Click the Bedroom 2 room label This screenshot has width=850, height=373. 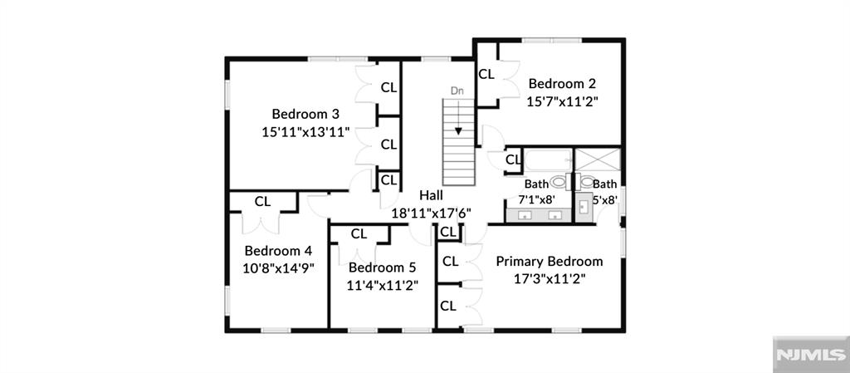(x=562, y=83)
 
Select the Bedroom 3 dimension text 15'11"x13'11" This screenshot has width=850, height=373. (x=305, y=131)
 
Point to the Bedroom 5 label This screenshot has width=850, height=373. (x=382, y=267)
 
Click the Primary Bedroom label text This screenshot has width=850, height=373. (x=549, y=261)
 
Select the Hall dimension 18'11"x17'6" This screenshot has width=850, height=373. (x=431, y=213)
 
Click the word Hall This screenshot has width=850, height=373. (x=431, y=195)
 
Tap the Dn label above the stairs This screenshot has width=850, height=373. (x=457, y=90)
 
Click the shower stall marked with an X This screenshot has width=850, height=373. (x=598, y=160)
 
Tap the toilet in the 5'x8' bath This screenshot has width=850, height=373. (x=587, y=181)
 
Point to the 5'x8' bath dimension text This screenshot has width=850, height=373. (x=604, y=199)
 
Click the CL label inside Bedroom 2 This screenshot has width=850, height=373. (x=486, y=74)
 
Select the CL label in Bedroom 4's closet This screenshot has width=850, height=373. (x=262, y=201)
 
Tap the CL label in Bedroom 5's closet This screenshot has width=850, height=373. (x=359, y=234)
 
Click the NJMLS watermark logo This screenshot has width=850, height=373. (x=810, y=355)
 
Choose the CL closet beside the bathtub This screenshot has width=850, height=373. (x=513, y=159)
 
